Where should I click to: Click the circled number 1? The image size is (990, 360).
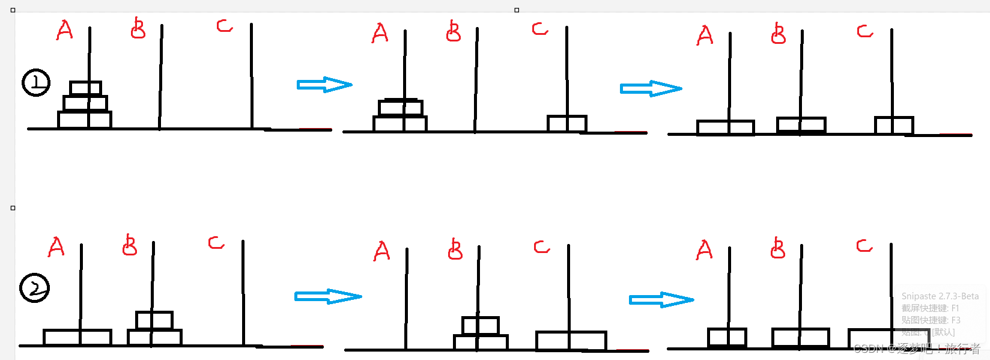coord(36,83)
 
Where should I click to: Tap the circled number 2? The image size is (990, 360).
coord(35,288)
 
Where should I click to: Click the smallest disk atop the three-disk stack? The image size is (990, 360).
coord(85,88)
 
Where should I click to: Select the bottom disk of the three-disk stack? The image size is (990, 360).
coord(85,120)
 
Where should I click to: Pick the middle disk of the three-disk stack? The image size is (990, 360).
coord(85,103)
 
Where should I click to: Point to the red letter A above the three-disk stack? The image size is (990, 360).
coord(64,30)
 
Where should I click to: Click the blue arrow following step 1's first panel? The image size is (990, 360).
coord(324,85)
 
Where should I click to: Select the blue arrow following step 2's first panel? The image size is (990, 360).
coord(327,296)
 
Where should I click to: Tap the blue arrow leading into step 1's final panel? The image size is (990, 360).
coord(651,89)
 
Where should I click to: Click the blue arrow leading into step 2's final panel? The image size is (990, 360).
coord(661,299)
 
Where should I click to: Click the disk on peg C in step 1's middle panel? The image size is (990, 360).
coord(566,123)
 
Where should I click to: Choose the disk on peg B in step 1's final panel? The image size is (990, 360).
coord(801,124)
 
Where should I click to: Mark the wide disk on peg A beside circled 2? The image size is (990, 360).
coord(77,337)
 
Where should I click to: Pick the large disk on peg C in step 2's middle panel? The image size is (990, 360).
coord(571,340)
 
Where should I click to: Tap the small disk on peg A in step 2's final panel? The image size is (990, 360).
coord(727,337)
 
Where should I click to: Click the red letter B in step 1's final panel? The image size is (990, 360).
coord(778,34)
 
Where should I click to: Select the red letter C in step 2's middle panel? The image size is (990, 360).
coord(541,247)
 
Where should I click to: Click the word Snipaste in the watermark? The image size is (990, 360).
coord(919,296)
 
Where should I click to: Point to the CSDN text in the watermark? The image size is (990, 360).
coord(869,349)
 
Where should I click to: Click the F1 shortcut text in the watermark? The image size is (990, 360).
coord(955,308)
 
